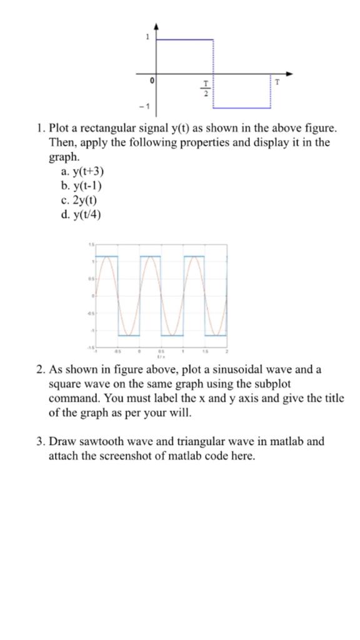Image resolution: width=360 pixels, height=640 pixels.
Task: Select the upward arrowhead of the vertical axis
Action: point(156,26)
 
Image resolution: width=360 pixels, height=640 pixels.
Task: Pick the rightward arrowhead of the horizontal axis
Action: point(291,72)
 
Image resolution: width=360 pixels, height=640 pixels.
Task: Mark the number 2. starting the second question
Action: point(41,369)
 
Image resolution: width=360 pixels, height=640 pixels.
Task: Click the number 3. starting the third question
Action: point(41,442)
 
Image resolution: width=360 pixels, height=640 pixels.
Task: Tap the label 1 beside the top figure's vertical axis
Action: point(148,37)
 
